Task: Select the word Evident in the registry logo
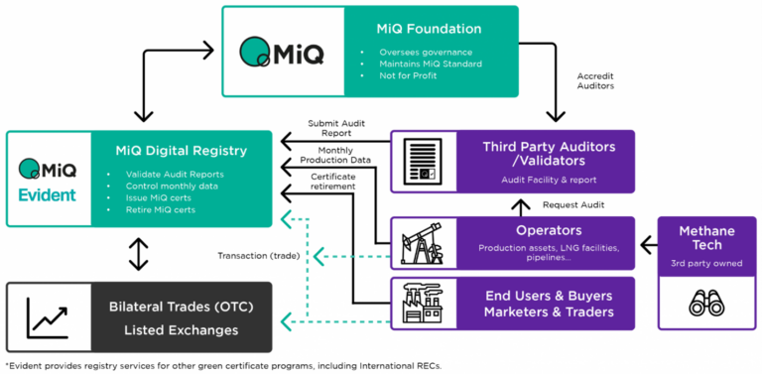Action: [48, 194]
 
